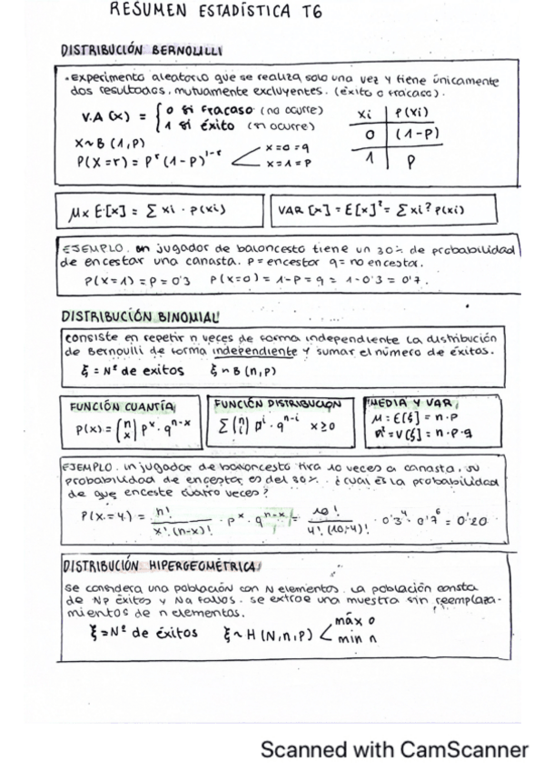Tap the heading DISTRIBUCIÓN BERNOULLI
click(x=143, y=51)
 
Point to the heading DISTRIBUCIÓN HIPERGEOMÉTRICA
click(x=158, y=565)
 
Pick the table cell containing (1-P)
click(x=417, y=133)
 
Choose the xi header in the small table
click(x=367, y=114)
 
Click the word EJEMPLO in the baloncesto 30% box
click(x=86, y=246)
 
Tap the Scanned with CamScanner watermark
click(x=393, y=749)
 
